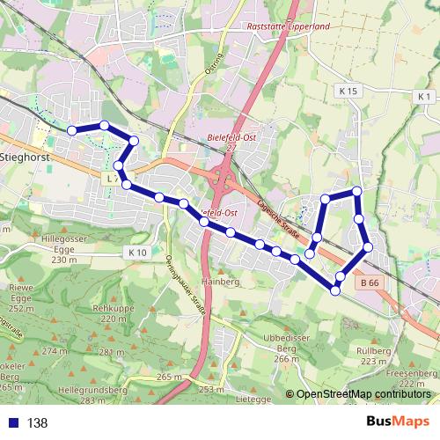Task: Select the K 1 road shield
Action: [x=425, y=96]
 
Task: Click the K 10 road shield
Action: [x=136, y=253]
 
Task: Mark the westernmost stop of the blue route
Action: [x=72, y=130]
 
